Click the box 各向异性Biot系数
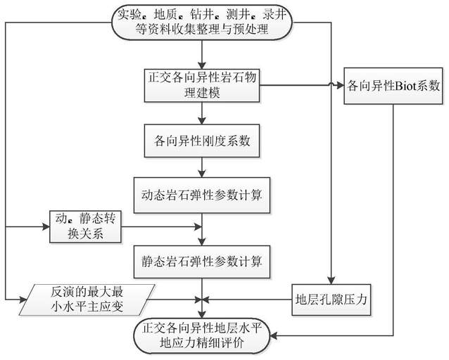tap(393, 86)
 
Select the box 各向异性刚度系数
tap(202, 141)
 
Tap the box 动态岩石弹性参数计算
tap(202, 195)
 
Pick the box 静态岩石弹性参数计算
tap(202, 262)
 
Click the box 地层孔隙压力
tap(331, 300)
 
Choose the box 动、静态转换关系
tap(85, 226)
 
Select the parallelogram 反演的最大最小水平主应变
tap(87, 300)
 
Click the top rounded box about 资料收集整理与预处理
tap(202, 22)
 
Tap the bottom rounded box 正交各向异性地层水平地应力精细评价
tap(202, 335)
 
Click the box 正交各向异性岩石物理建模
tap(202, 85)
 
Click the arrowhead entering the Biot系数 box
tap(341, 85)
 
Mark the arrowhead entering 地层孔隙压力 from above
tap(331, 281)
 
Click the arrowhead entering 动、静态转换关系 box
tap(46, 227)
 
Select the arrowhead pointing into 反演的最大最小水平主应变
tap(23, 300)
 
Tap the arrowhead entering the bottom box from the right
tap(274, 335)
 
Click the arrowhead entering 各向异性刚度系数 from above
tap(202, 121)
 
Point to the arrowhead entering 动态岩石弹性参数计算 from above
tap(202, 174)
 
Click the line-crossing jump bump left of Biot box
tap(331, 84)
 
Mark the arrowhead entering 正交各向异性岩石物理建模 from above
tap(202, 65)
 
